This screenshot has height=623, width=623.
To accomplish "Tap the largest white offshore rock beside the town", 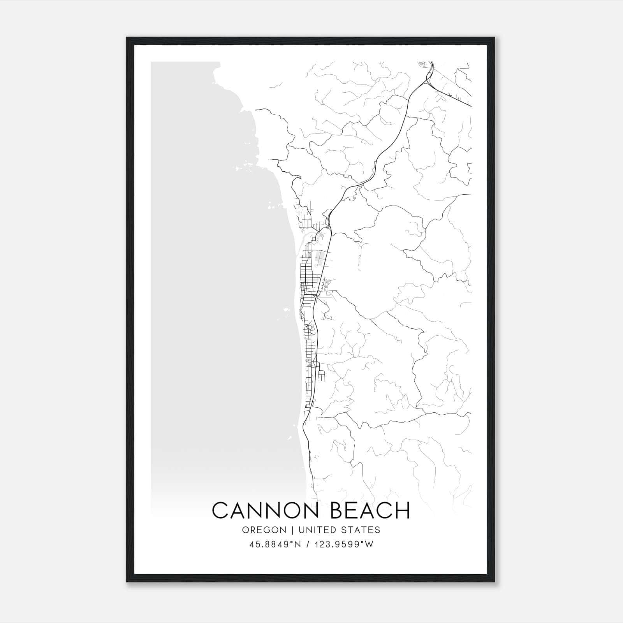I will (287, 310).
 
